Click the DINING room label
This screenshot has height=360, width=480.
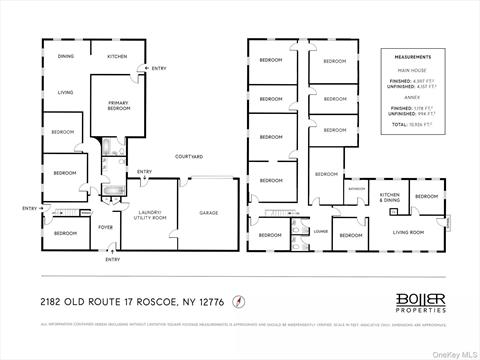coord(66,56)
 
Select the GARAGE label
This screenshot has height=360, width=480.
coord(208,213)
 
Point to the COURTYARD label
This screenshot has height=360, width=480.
coord(189,157)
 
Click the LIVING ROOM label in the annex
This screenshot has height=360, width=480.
coord(408,232)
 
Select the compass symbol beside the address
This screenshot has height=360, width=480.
coord(238,300)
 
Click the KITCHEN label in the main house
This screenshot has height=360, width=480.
coord(117,56)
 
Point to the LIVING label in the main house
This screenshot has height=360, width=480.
coord(65,92)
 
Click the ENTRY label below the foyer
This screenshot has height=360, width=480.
coord(112,260)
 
